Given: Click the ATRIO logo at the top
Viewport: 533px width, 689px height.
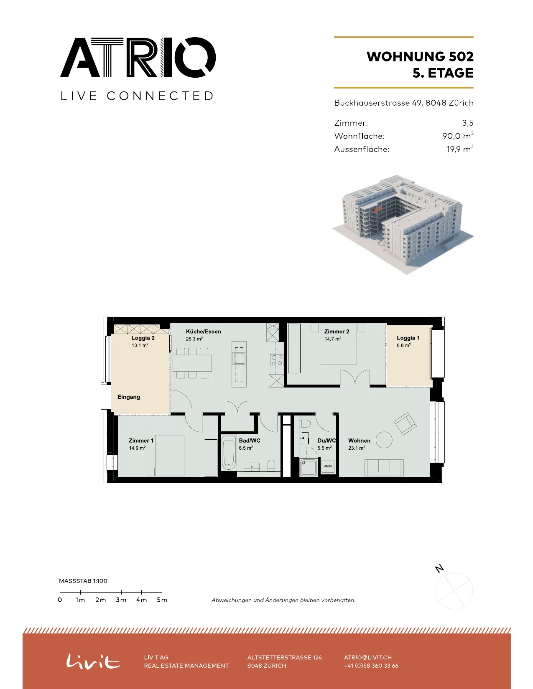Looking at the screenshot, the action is (138, 57).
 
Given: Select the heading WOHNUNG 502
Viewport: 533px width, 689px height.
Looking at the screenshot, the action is (420, 56).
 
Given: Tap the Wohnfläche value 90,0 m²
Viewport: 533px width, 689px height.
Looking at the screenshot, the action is (458, 136).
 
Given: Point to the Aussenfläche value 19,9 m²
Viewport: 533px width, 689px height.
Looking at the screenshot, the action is (460, 149).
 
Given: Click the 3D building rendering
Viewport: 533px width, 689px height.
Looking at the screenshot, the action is (403, 224).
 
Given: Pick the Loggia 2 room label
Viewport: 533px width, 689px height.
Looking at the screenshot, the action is (143, 338).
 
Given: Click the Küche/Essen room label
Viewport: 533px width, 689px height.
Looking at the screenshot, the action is (204, 331).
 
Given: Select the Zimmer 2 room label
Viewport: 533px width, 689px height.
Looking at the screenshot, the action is (337, 331).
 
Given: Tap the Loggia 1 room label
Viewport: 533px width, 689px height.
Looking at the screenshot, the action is (408, 338).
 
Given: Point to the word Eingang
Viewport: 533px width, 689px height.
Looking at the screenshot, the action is (129, 397).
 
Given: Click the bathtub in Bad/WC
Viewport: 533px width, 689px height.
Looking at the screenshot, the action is (229, 453).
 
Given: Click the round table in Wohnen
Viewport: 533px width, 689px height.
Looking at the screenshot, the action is (384, 440).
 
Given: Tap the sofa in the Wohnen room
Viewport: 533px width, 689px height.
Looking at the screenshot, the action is (384, 468).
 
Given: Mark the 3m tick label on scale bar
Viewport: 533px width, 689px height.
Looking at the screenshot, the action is (121, 600).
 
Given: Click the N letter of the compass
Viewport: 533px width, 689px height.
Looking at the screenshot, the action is (439, 569).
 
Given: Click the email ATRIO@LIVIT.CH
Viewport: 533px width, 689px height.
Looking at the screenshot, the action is (368, 657).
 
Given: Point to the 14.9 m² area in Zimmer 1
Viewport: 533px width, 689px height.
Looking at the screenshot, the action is (137, 448).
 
